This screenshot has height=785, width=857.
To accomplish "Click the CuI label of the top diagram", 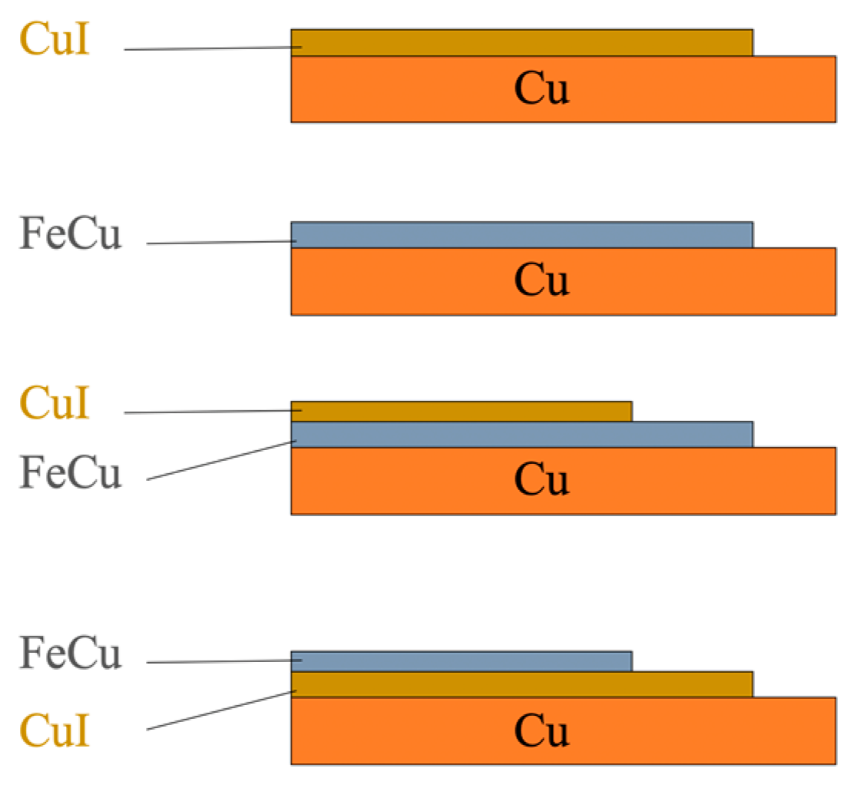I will pyautogui.click(x=55, y=39).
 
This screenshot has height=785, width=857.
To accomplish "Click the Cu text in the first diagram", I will pyautogui.click(x=541, y=90).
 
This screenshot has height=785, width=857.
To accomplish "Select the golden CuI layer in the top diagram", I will pyautogui.click(x=522, y=42).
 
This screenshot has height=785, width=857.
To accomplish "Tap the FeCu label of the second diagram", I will pyautogui.click(x=71, y=235).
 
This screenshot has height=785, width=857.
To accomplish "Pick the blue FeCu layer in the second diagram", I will pyautogui.click(x=522, y=235).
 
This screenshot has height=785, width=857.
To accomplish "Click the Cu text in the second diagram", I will pyautogui.click(x=541, y=280).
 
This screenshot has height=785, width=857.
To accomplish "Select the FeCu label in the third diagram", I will pyautogui.click(x=71, y=472).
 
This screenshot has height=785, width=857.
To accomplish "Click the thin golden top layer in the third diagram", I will pyautogui.click(x=461, y=411).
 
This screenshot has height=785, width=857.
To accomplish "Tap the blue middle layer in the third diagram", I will pyautogui.click(x=522, y=435).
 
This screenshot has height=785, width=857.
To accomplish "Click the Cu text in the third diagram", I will pyautogui.click(x=541, y=480).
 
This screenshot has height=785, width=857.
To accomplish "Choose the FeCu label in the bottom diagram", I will pyautogui.click(x=71, y=654).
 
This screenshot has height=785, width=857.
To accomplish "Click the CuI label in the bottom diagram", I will pyautogui.click(x=55, y=730).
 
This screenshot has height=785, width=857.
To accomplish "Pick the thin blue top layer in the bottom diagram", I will pyautogui.click(x=461, y=661).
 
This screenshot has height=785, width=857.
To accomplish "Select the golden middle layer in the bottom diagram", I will pyautogui.click(x=522, y=684).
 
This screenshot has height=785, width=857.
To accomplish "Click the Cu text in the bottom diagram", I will pyautogui.click(x=541, y=730).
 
